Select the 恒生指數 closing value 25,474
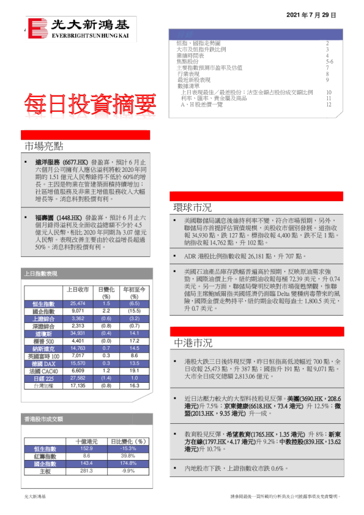click(78, 303)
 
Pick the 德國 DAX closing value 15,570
click(78, 363)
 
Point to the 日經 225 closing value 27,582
click(78, 379)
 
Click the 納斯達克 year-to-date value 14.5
click(134, 348)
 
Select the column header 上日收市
click(78, 289)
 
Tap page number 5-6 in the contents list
click(329, 62)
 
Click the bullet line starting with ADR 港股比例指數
click(245, 256)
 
